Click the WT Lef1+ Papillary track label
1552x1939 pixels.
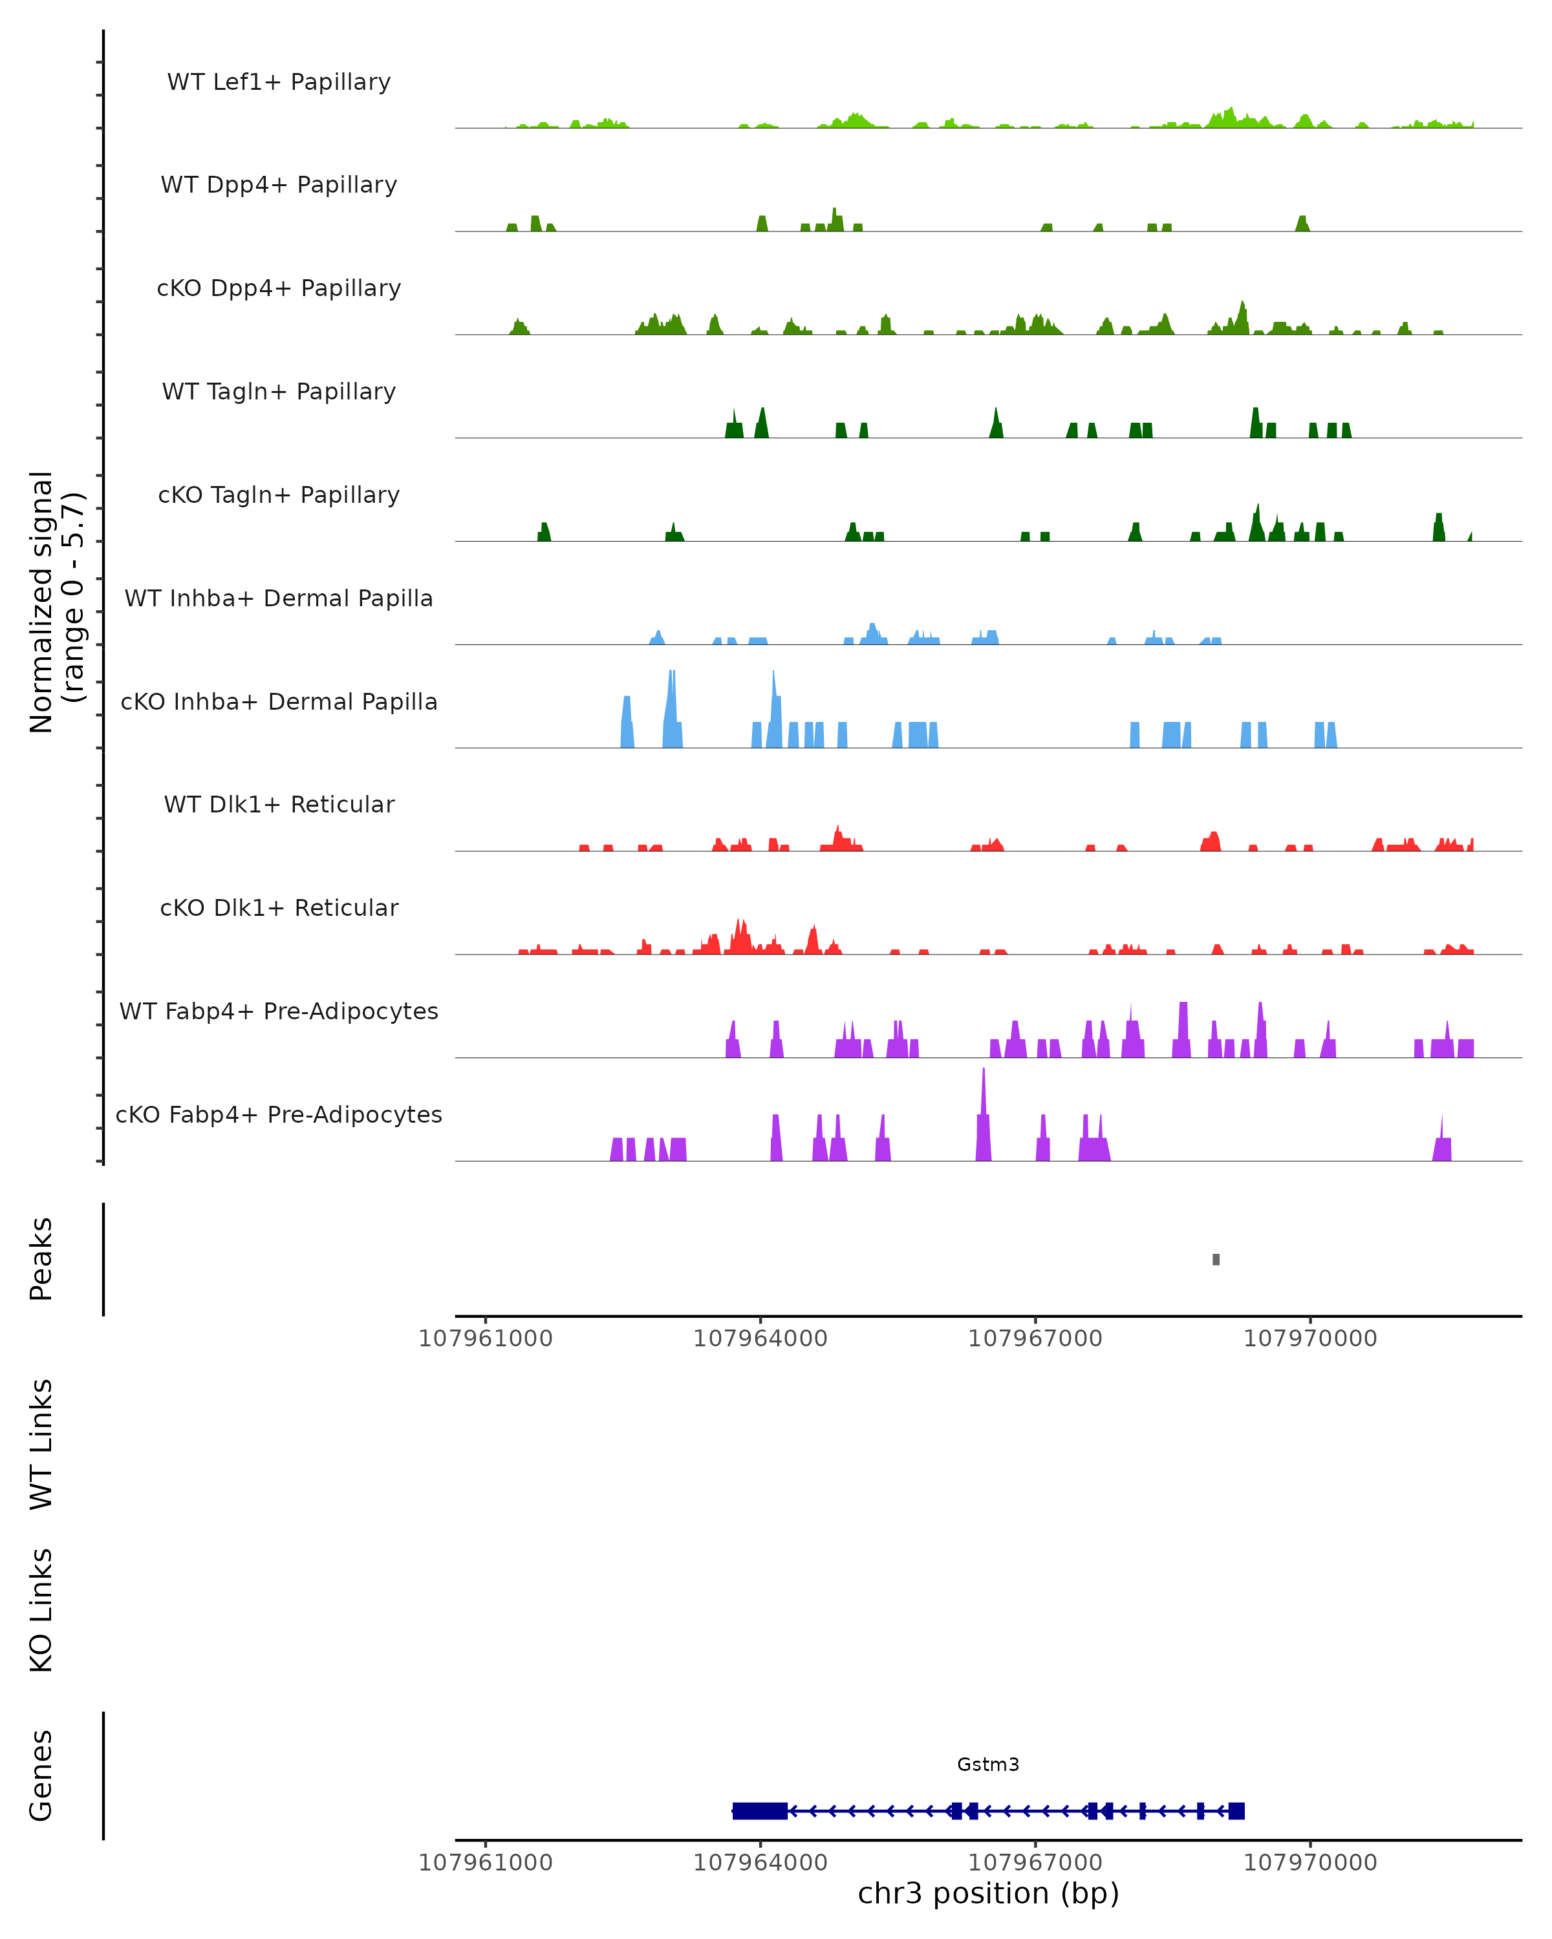pyautogui.click(x=279, y=82)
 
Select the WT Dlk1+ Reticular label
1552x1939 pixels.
pyautogui.click(x=279, y=804)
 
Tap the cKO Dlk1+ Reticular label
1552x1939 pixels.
pyautogui.click(x=279, y=907)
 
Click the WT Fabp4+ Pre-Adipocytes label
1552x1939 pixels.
pyautogui.click(x=279, y=1011)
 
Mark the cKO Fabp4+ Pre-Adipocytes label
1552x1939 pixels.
pyautogui.click(x=279, y=1114)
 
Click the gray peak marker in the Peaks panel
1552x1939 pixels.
pyautogui.click(x=1216, y=1259)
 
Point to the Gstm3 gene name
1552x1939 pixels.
pyautogui.click(x=988, y=1764)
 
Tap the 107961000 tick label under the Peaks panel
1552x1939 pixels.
pyautogui.click(x=486, y=1339)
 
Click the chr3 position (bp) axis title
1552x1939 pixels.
pyautogui.click(x=988, y=1893)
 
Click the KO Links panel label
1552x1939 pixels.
pyautogui.click(x=41, y=1610)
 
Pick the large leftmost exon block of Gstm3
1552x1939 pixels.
pyautogui.click(x=760, y=1810)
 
